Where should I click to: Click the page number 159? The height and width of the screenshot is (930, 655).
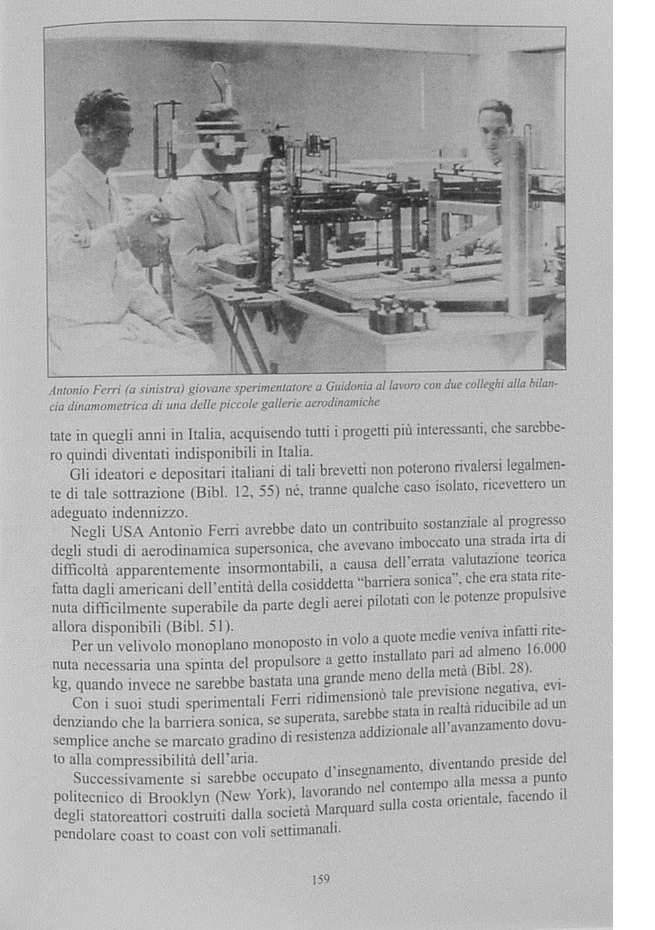click(x=321, y=879)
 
